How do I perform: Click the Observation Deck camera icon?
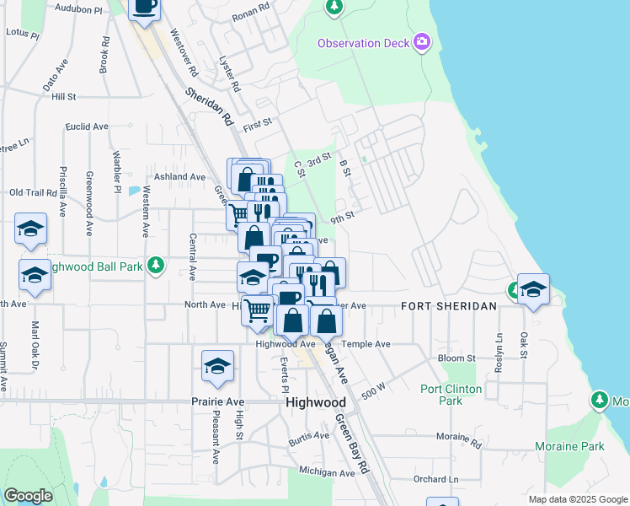(422, 41)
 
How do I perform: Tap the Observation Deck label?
(363, 43)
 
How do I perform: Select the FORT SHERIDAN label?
(448, 306)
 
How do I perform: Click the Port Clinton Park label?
(451, 395)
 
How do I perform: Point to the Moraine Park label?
(569, 445)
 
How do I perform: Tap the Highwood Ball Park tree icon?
(155, 266)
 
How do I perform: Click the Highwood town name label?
(316, 403)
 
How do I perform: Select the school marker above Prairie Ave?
(217, 366)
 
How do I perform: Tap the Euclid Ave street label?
(89, 126)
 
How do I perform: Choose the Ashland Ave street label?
(174, 177)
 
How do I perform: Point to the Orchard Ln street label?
(435, 479)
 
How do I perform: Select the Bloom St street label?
(457, 358)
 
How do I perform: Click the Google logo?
(29, 496)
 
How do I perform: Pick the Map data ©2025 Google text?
(577, 499)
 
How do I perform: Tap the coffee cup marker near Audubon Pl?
(144, 7)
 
